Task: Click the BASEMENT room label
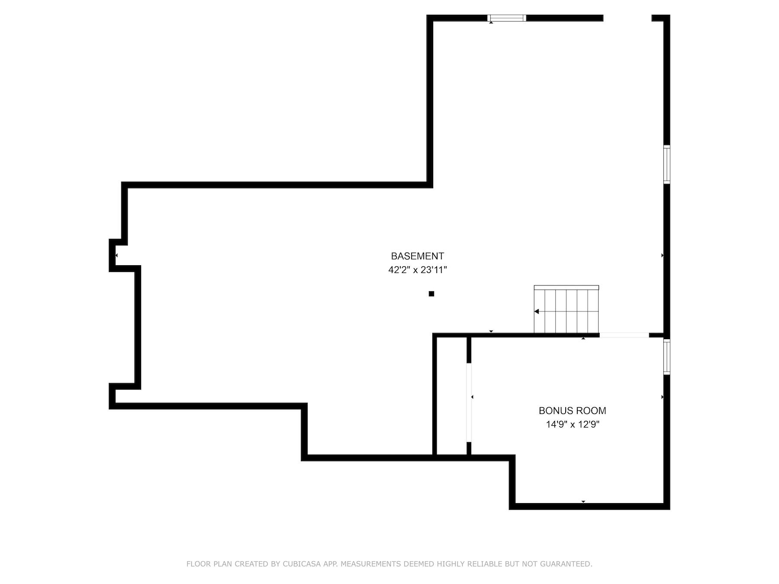click(417, 256)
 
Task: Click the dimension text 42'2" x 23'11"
click(417, 270)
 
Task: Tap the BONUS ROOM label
click(572, 411)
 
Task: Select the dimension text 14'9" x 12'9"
click(572, 424)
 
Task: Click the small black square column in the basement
click(431, 294)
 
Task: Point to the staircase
click(566, 310)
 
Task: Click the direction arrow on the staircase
click(537, 311)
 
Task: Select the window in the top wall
click(506, 18)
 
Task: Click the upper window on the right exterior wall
click(666, 164)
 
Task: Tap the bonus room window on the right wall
click(666, 357)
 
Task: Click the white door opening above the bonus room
click(624, 335)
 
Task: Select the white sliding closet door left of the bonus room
click(468, 402)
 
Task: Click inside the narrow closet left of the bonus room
click(451, 396)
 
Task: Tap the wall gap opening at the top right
click(627, 18)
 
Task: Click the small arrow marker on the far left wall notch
click(116, 255)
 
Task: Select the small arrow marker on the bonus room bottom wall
click(583, 501)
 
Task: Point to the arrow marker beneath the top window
click(491, 22)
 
